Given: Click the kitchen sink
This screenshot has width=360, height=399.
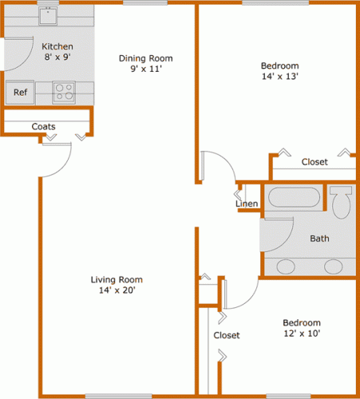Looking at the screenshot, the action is pos(48,16).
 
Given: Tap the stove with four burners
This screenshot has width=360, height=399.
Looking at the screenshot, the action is pos(64,93).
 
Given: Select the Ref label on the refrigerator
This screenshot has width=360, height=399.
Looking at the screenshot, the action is pos(21,93).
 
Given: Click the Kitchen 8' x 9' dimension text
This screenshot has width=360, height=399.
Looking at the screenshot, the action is pos(57,57).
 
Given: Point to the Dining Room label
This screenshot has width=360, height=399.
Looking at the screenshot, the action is pos(146,58).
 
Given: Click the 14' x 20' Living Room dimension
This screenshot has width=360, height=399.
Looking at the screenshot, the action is pos(117,290).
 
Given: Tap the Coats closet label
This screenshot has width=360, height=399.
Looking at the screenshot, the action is pos(43,126).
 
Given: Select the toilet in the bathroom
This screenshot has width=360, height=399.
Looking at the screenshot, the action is pos(341,202).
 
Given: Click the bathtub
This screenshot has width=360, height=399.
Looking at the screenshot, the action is pos(294,197).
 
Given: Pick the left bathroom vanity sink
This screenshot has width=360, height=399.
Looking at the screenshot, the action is pos(286,267).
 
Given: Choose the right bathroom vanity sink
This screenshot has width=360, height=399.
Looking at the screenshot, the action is pos(333,267).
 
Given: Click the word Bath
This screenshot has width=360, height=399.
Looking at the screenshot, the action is pos(319,239).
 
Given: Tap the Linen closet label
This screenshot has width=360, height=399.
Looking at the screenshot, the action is pos(247,203).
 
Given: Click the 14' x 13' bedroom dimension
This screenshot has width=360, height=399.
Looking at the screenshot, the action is pos(280,77).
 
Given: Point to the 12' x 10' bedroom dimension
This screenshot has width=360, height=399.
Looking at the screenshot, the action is pos(302,334).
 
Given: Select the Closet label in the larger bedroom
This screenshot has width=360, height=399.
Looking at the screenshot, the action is pos(315,162).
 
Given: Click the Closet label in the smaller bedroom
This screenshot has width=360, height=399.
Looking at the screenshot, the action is pos(227,335).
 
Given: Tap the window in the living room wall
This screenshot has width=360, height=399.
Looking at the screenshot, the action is pos(119,396).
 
